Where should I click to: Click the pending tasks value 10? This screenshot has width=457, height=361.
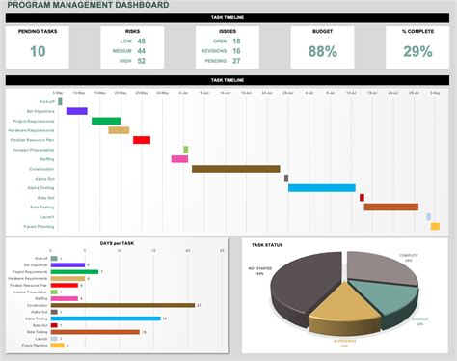37,51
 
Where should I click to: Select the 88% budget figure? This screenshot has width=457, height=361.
324,51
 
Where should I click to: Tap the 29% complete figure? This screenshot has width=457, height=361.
417,51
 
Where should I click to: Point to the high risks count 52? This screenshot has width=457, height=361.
141,61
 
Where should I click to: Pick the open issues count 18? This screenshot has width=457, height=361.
236,42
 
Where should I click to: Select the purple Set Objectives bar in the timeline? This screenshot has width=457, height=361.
76,111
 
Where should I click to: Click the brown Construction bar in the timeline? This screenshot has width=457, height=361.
237,169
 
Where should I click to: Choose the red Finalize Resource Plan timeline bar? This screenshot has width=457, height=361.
142,140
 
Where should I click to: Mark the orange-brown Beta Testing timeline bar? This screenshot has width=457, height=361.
390,207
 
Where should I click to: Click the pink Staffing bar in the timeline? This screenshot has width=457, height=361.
179,159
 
